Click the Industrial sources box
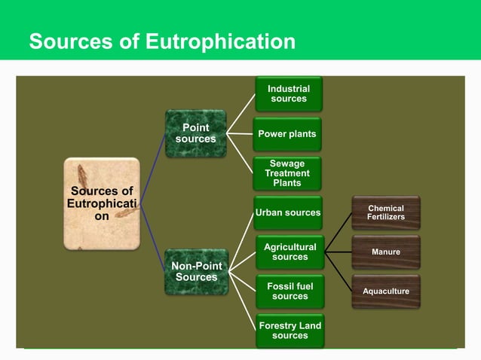(x=288, y=94)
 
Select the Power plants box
(x=287, y=134)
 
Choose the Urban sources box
(x=288, y=212)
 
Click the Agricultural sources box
(x=290, y=252)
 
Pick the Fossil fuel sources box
(x=290, y=291)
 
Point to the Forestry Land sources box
(x=290, y=331)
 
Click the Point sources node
(x=195, y=134)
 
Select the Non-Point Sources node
(x=195, y=272)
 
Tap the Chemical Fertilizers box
(x=385, y=212)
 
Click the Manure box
(x=385, y=252)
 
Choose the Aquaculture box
(x=385, y=291)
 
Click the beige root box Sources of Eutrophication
(x=102, y=203)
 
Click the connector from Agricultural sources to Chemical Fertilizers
(x=339, y=232)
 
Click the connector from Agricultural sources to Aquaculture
(x=339, y=272)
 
